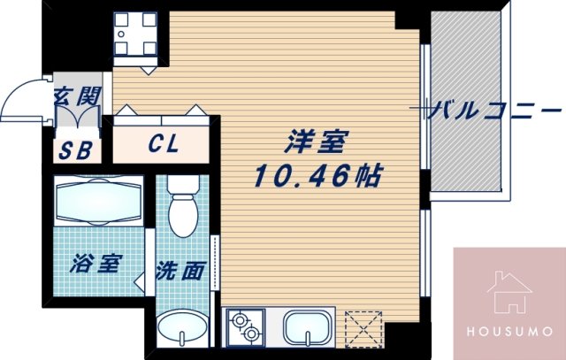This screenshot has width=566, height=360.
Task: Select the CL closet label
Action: (x=164, y=143)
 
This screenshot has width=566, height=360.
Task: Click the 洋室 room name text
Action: (x=315, y=142)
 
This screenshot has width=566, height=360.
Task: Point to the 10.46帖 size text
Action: (x=317, y=174)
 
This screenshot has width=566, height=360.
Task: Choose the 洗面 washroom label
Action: (x=180, y=271)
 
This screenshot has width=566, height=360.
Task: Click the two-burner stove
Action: (x=246, y=329)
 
